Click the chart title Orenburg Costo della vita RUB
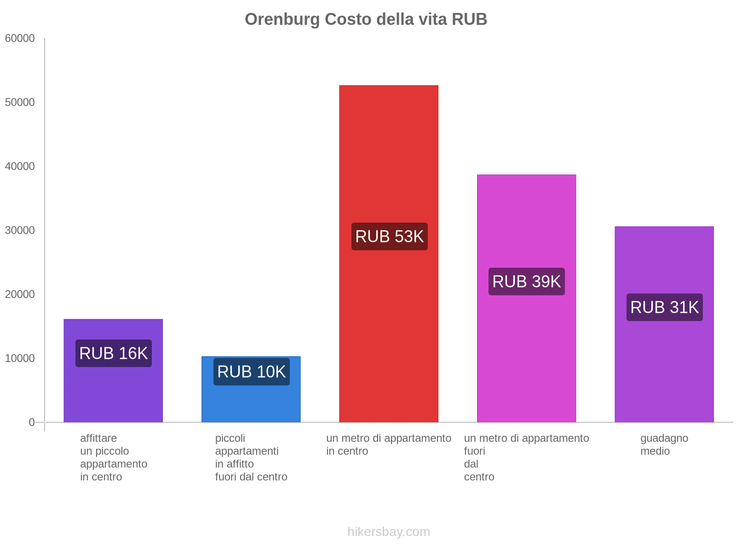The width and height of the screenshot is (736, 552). tap(366, 19)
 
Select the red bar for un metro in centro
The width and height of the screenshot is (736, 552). tap(389, 161)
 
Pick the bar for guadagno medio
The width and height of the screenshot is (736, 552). tap(664, 368)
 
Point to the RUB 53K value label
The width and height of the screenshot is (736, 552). tap(389, 236)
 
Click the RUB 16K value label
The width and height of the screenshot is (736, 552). tap(114, 353)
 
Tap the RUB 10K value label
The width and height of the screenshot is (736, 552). tap(252, 372)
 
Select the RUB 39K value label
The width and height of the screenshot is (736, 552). tap(527, 282)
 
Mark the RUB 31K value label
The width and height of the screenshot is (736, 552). tap(665, 307)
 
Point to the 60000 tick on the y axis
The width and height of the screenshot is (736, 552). tap(20, 39)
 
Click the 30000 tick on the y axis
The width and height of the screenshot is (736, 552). tap(20, 230)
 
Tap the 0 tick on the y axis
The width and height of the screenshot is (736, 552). tap(32, 422)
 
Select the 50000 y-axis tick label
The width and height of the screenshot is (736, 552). tap(20, 103)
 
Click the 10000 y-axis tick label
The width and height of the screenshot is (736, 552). tap(20, 358)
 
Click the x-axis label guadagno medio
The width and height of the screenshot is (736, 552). tap(664, 444)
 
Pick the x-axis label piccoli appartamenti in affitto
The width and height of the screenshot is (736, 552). tap(251, 457)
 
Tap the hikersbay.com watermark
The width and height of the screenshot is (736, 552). tap(389, 532)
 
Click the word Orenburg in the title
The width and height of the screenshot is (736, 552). tap(282, 19)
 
